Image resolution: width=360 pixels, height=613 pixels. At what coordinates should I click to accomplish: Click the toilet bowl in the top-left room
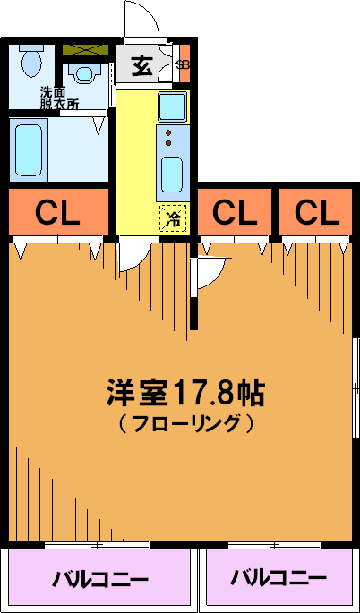(31, 62)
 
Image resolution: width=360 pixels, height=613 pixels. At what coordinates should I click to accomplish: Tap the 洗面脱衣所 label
(59, 98)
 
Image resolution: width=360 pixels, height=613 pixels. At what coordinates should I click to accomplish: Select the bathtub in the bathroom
(29, 149)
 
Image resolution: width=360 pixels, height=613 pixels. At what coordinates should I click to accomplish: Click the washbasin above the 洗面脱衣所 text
(84, 73)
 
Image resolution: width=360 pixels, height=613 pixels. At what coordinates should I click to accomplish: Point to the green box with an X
(85, 49)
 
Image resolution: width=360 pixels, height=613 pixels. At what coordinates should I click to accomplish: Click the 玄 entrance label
(141, 65)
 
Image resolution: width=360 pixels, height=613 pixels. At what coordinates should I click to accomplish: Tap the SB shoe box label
(183, 65)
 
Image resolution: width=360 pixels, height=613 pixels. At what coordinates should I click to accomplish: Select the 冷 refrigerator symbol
(172, 218)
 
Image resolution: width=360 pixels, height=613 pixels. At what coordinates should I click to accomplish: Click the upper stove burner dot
(168, 132)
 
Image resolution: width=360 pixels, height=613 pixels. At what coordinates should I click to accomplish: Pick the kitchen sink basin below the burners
(172, 175)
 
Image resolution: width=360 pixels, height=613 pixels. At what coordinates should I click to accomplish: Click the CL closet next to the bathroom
(58, 212)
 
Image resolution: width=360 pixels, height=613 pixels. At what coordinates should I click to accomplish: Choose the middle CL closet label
(235, 212)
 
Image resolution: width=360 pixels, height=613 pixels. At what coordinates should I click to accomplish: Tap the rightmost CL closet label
(316, 212)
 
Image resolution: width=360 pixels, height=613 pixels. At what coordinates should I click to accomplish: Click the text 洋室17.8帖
(186, 393)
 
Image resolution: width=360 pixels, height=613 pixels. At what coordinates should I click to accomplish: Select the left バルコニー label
(100, 579)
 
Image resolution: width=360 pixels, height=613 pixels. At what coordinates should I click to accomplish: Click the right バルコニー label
(279, 577)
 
